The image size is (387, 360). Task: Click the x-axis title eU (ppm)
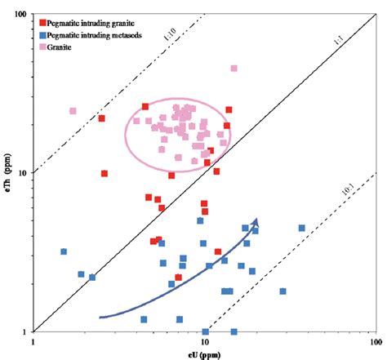pos(204,353)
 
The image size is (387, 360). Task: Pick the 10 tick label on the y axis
pos(22,173)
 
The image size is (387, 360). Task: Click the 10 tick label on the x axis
pos(204,343)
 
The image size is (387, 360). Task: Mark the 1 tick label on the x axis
pos(33,343)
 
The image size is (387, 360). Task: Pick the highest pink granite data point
pos(234,69)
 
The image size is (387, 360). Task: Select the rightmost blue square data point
pos(301,229)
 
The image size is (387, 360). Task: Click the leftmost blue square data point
pos(63,251)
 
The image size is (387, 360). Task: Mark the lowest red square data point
pos(179,278)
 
